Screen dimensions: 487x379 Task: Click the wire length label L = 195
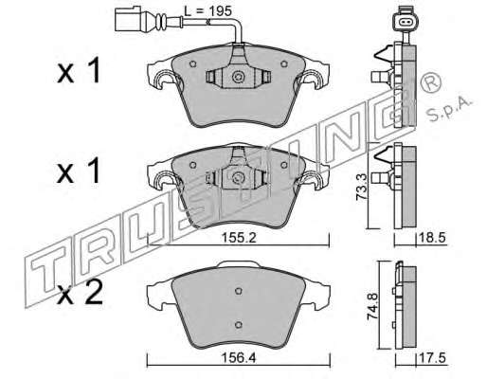click(207, 11)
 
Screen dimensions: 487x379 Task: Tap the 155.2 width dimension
click(239, 238)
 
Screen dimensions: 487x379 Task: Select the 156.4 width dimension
click(239, 358)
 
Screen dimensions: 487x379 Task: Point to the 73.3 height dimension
click(361, 187)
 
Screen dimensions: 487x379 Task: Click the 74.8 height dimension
click(372, 307)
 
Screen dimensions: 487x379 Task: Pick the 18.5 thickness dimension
click(432, 238)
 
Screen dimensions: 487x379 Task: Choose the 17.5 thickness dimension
click(432, 358)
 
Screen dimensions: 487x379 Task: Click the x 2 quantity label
click(80, 293)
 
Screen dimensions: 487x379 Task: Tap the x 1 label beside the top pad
click(79, 70)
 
